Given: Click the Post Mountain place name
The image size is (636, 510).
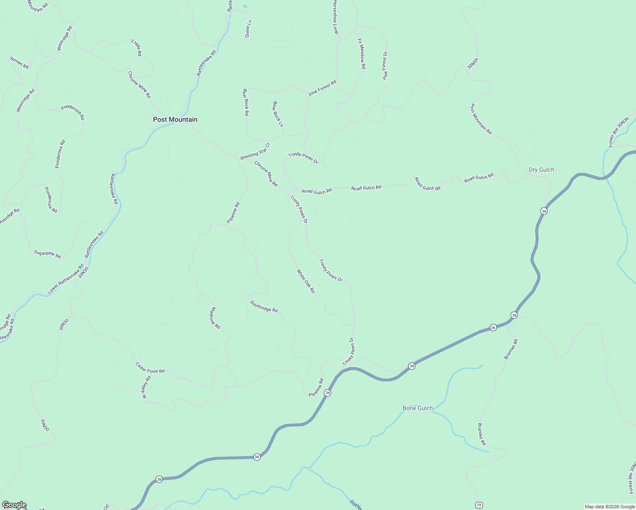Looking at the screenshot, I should (175, 119).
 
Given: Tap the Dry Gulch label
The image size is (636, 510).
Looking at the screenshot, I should (541, 170).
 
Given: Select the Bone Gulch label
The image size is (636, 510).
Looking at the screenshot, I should (417, 408).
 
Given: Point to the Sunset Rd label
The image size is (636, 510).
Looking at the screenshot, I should (19, 62).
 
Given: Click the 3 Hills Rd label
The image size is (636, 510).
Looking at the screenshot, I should (136, 48).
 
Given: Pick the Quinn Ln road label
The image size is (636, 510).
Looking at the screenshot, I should (248, 29).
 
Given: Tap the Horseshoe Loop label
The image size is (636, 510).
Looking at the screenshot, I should (335, 17).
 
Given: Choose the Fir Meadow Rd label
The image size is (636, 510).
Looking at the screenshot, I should (362, 54).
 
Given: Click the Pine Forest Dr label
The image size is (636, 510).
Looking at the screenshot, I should (385, 66).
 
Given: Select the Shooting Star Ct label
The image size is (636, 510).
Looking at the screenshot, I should (255, 152).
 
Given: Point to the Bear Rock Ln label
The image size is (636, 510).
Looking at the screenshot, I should (278, 114).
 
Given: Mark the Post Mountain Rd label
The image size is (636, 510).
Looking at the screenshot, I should (481, 119).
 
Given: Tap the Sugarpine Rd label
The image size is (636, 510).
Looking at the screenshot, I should (48, 254).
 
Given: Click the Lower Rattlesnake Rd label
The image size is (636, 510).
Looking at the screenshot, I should (65, 279).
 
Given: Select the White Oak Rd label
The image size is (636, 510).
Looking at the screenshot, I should (306, 281).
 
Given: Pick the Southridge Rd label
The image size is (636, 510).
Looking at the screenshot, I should (264, 306).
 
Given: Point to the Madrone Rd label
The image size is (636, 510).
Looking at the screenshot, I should (215, 318).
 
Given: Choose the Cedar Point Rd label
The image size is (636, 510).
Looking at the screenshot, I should (150, 368).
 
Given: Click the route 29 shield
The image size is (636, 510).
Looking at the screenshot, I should (479, 505).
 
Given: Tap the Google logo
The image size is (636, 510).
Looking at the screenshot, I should (14, 505).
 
